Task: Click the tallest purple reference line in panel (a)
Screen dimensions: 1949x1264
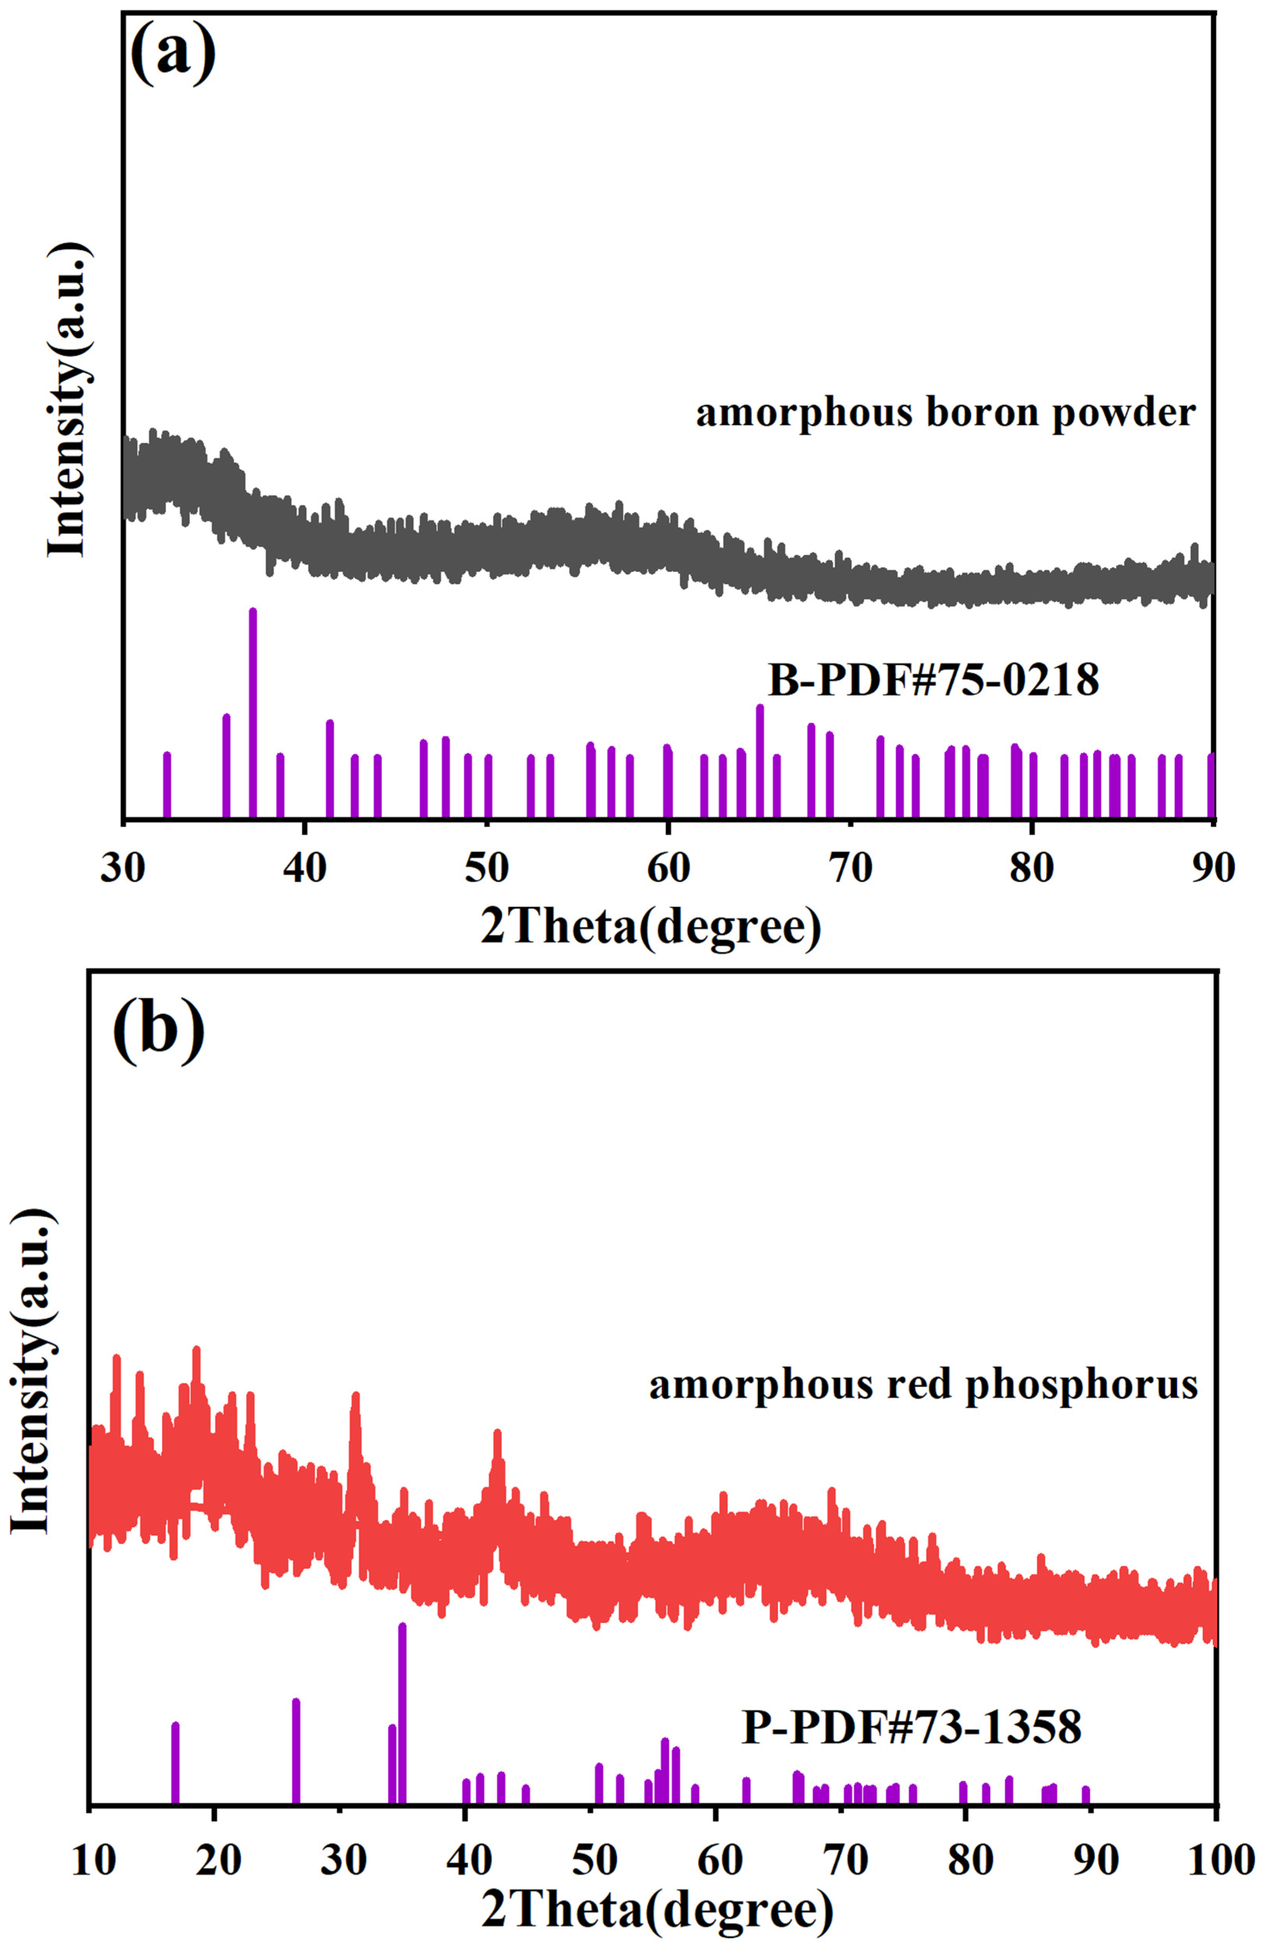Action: [253, 713]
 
